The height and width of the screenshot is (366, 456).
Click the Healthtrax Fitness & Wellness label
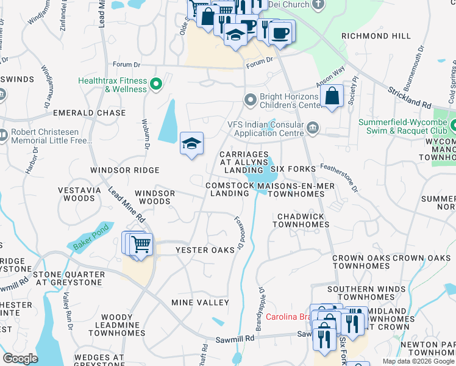[x=113, y=85]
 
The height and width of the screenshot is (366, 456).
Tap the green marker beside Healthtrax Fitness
[x=156, y=84]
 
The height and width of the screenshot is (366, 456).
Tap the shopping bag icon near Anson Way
[x=332, y=98]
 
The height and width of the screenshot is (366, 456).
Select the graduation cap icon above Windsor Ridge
[x=191, y=145]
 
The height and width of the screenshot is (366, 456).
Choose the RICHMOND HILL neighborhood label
[x=376, y=36]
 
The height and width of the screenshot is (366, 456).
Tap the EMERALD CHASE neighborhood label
[x=89, y=113]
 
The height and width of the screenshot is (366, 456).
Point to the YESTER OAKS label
[x=205, y=250]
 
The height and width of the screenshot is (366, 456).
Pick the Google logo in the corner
[x=20, y=358]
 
